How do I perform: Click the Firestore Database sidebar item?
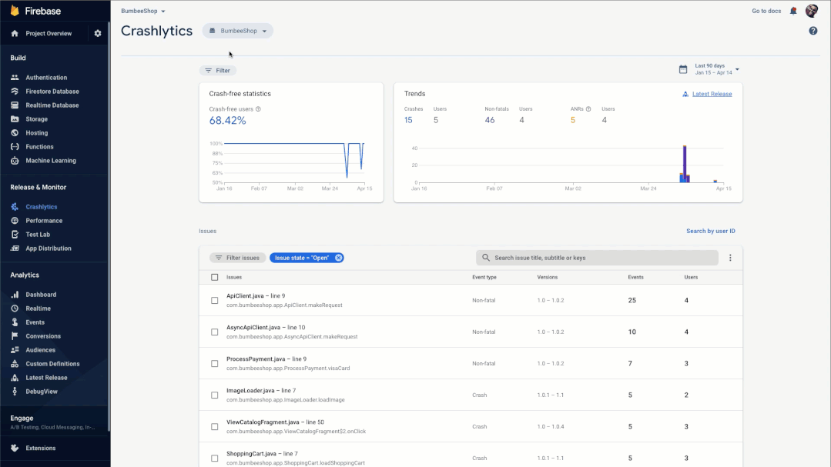pyautogui.click(x=52, y=92)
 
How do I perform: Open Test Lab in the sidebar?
pyautogui.click(x=38, y=235)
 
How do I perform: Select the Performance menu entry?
pyautogui.click(x=44, y=221)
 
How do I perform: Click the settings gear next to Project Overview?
pyautogui.click(x=98, y=34)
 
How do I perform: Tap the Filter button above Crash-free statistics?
pyautogui.click(x=217, y=71)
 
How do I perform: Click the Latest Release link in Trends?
pyautogui.click(x=712, y=94)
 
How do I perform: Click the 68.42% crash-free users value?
pyautogui.click(x=227, y=121)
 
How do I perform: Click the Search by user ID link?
pyautogui.click(x=710, y=231)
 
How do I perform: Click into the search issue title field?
pyautogui.click(x=601, y=258)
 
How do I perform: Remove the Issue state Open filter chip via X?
pyautogui.click(x=338, y=258)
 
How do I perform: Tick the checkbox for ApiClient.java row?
pyautogui.click(x=214, y=300)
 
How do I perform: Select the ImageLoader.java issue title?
pyautogui.click(x=250, y=391)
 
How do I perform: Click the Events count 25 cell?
pyautogui.click(x=632, y=300)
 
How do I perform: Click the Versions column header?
pyautogui.click(x=547, y=277)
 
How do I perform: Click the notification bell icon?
pyautogui.click(x=793, y=11)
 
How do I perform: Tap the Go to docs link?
pyautogui.click(x=766, y=11)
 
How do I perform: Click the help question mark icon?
pyautogui.click(x=813, y=31)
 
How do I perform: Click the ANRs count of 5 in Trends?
pyautogui.click(x=572, y=120)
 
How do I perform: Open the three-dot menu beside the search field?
pyautogui.click(x=730, y=258)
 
